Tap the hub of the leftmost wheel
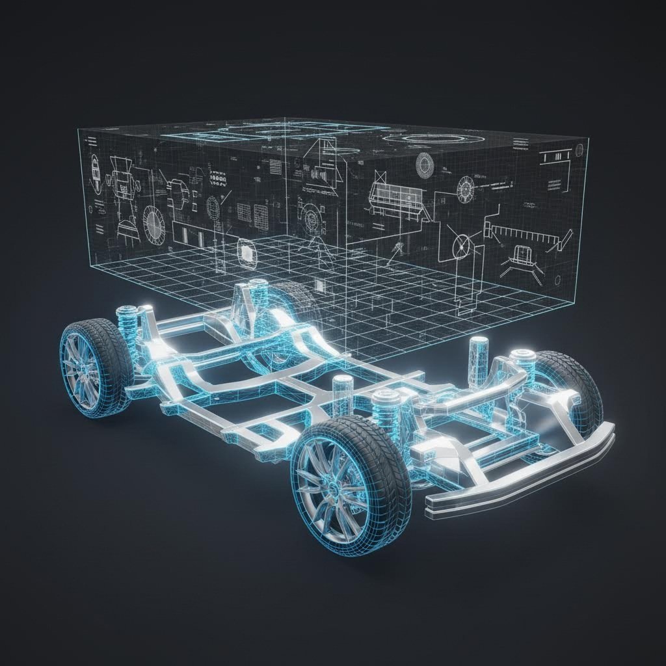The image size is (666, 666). pos(83,369)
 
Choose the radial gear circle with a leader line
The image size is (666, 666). pos(466,189)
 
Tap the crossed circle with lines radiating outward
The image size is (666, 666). pos(462,246)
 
